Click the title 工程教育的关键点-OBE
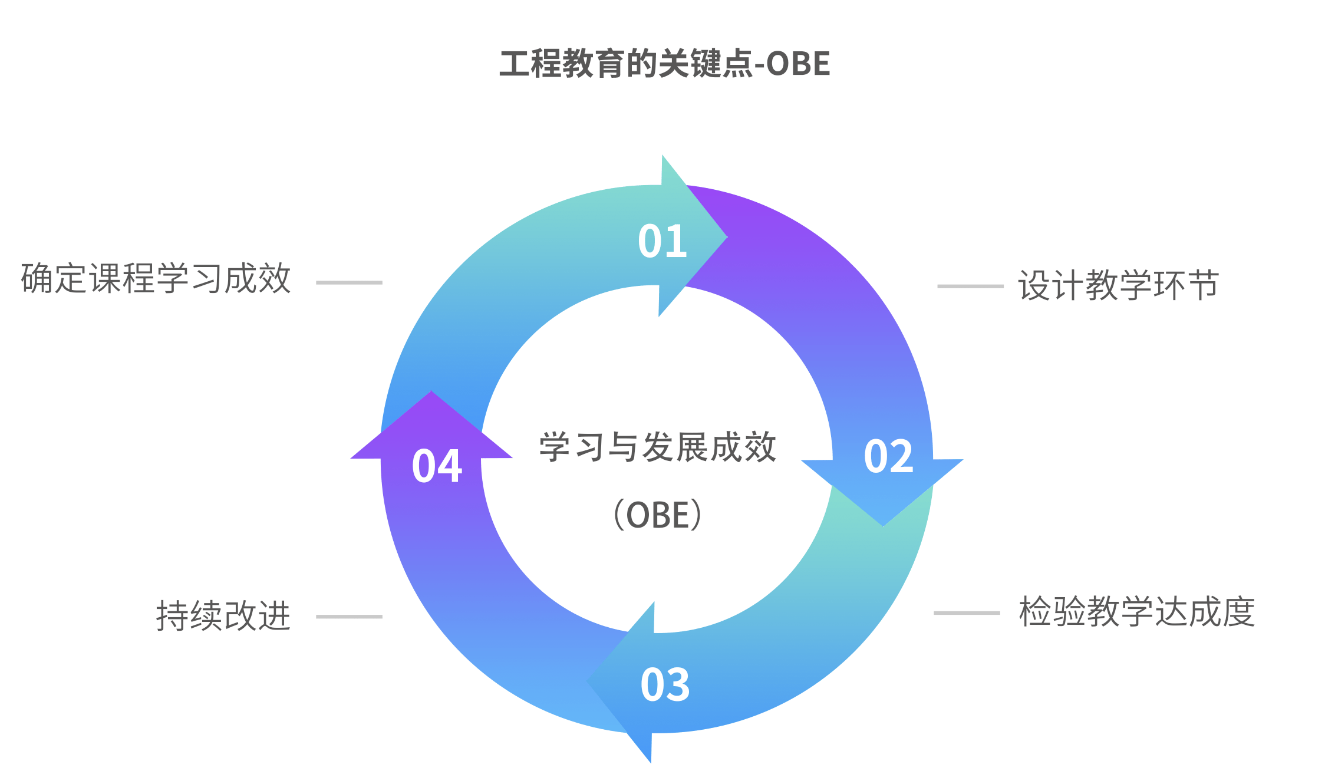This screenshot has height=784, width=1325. [664, 64]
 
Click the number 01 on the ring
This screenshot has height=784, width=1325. [662, 242]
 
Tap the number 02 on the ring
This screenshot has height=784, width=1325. [889, 457]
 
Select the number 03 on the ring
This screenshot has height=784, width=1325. [665, 685]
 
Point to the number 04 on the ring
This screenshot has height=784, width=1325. [437, 466]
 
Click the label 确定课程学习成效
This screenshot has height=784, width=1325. [156, 279]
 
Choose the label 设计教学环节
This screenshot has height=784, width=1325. [1118, 286]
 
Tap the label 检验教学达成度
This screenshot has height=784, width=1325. [1137, 612]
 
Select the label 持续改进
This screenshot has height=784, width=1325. [223, 617]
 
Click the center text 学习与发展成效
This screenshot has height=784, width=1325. [658, 447]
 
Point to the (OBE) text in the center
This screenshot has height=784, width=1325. [658, 515]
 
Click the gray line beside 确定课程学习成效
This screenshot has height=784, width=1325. [349, 283]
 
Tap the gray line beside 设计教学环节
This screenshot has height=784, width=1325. [970, 286]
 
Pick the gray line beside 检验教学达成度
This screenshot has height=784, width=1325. [967, 613]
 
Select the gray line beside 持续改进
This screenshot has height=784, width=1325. [349, 617]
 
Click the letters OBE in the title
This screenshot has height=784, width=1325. [799, 64]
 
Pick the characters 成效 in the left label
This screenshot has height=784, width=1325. [258, 279]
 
